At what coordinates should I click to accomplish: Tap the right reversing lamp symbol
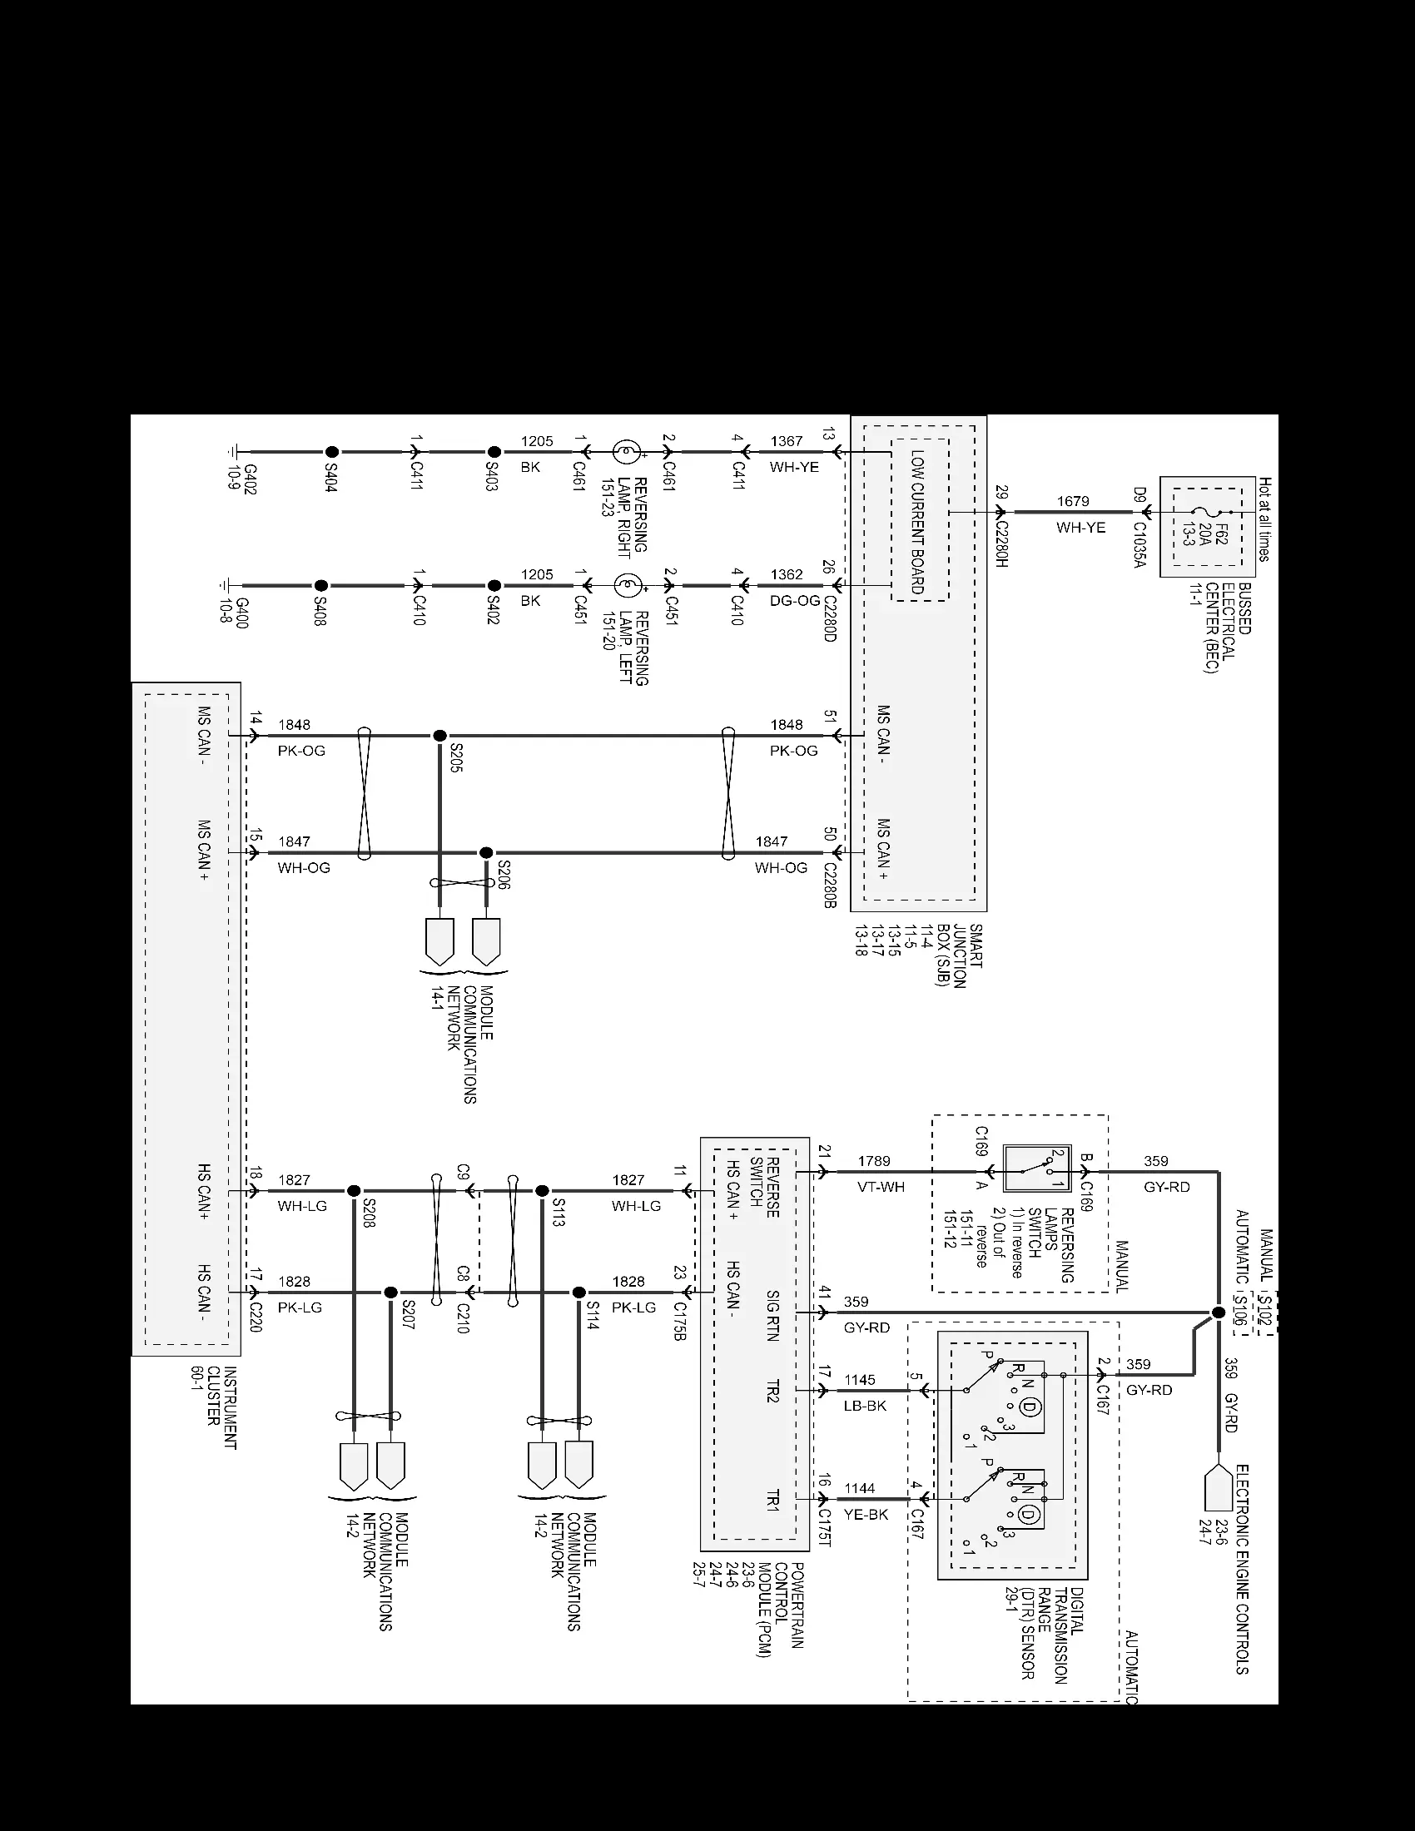(625, 452)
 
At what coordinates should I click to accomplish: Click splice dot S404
(332, 452)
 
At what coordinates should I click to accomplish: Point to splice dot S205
(439, 735)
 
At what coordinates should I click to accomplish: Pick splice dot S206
(486, 852)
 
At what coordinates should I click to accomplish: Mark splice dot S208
(354, 1190)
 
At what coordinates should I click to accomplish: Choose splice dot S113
(543, 1190)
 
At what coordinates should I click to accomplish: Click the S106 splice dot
(1218, 1312)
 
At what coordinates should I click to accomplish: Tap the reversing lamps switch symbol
(1038, 1168)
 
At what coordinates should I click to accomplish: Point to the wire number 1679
(1073, 501)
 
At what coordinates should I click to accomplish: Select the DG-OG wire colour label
(795, 600)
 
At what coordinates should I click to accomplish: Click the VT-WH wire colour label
(881, 1187)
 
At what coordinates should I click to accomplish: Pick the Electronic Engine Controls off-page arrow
(1218, 1487)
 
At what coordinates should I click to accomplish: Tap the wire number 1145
(860, 1380)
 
